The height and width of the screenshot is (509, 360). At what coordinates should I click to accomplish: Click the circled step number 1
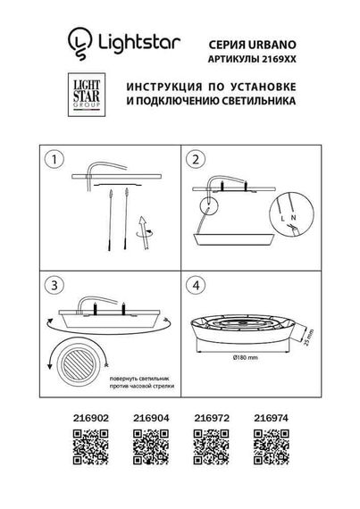[x=56, y=160]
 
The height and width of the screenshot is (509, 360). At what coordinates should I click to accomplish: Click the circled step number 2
[x=195, y=160]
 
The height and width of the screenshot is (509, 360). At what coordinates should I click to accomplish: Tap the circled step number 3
[x=56, y=286]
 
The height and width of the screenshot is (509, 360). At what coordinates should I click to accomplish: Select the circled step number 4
[x=195, y=286]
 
